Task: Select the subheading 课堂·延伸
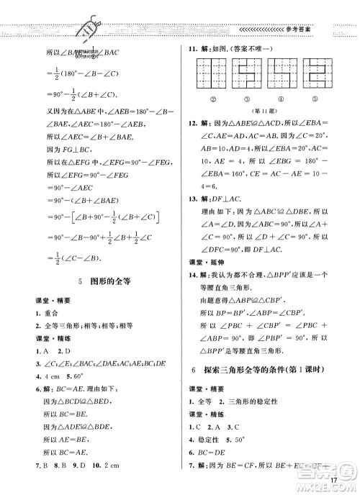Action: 204,262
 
